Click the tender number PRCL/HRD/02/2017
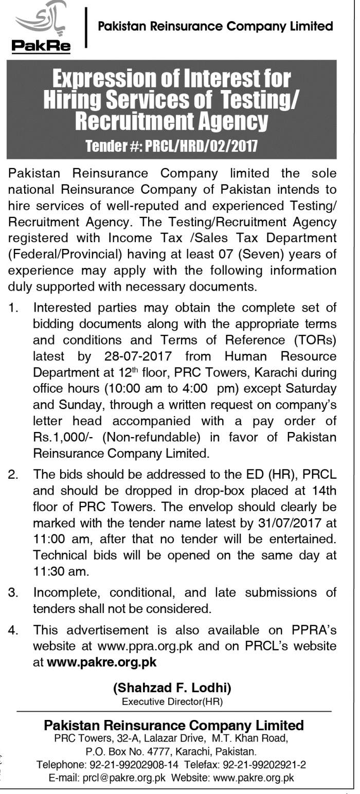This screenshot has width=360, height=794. coord(201,147)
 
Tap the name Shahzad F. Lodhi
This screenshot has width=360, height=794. coord(172,687)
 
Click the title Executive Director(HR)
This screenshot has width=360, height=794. coord(172,701)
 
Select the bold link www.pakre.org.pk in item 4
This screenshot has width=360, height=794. coord(101,662)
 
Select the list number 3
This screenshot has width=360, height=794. coord(13,593)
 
